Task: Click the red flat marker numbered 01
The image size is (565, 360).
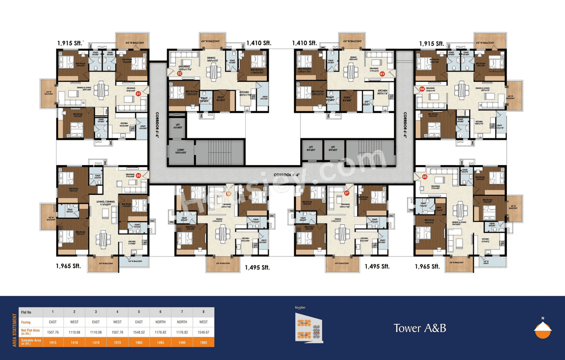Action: coord(138,94)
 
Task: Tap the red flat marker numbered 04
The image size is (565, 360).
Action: coord(422,89)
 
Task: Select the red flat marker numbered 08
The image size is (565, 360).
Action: coord(425,177)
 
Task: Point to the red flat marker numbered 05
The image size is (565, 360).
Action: coord(138,175)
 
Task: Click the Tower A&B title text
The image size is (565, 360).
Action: coord(420,328)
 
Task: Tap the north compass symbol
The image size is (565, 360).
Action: coord(542,329)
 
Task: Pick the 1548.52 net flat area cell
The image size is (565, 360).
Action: coord(139,332)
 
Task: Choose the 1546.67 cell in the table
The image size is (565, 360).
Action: coord(203,332)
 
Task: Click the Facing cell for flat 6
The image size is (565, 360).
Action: coord(160,322)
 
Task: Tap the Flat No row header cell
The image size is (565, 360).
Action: coord(30,312)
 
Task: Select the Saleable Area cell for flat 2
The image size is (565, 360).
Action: coord(74,342)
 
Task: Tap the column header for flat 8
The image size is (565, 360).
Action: coord(203,312)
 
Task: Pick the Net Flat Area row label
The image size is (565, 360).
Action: coord(30,332)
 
